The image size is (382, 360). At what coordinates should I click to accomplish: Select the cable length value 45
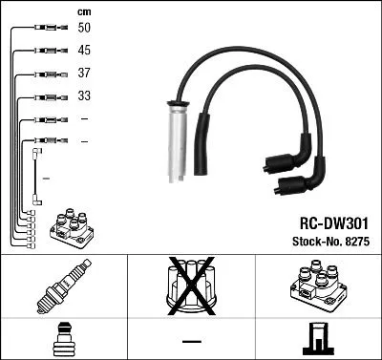[x=84, y=50]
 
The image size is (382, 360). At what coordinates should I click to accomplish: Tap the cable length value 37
[x=84, y=74]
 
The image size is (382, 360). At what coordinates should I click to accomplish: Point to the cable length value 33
[x=84, y=96]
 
